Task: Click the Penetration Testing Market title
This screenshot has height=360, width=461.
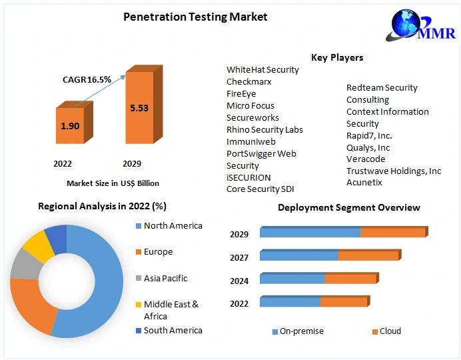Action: (195, 17)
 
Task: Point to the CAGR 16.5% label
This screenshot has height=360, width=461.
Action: (87, 79)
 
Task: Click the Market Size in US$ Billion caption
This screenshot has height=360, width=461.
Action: (113, 183)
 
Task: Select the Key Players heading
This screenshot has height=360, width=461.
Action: (337, 57)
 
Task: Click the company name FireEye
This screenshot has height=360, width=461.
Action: (241, 94)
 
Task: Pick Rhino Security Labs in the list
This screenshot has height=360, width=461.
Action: (264, 130)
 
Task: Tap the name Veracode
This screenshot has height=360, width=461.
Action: (366, 159)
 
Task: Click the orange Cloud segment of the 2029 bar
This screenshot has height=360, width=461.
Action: (392, 233)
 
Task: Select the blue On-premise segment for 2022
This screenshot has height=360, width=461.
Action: (290, 303)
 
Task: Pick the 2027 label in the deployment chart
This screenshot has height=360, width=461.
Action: (239, 258)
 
